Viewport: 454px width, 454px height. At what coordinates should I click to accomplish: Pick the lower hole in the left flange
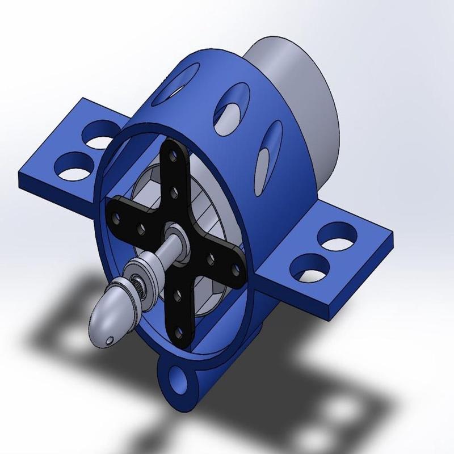[x=73, y=165]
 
